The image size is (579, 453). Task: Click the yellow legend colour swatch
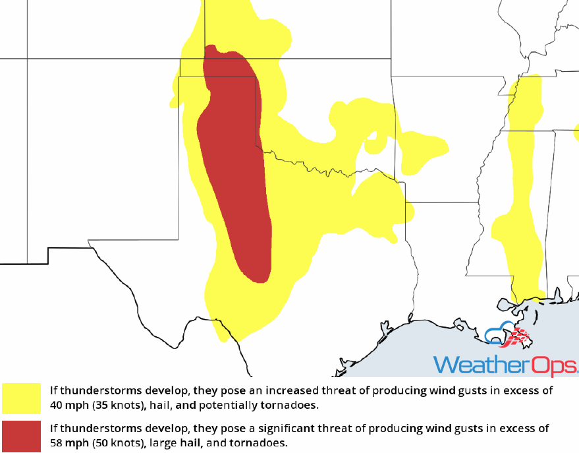[22, 397]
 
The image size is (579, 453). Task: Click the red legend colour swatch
[22, 435]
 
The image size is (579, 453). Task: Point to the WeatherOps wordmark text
[504, 365]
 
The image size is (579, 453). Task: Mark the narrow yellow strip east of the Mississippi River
[520, 198]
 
